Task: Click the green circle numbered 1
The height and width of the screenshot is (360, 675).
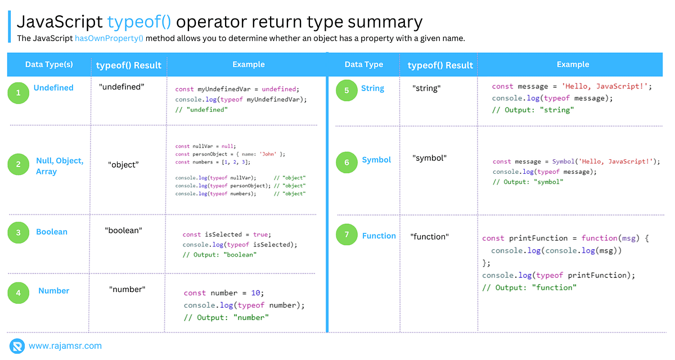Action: click(19, 93)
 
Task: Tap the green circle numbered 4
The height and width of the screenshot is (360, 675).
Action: click(19, 292)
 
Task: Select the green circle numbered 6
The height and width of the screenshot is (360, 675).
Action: click(346, 163)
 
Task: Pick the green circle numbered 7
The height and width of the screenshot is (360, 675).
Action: click(346, 235)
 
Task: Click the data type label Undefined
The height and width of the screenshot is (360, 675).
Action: click(53, 88)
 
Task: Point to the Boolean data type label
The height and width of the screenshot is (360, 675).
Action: click(52, 232)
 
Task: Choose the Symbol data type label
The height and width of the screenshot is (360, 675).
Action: click(376, 160)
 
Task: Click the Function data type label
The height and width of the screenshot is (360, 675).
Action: click(379, 236)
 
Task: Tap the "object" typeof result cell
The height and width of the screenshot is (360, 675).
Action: click(123, 165)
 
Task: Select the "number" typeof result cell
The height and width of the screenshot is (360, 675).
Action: click(127, 289)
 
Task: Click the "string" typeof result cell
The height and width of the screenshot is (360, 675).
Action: click(426, 88)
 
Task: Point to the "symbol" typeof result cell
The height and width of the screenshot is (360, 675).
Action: click(429, 158)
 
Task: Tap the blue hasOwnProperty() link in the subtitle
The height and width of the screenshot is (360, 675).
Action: click(109, 38)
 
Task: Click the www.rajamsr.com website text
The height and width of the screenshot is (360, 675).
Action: click(65, 346)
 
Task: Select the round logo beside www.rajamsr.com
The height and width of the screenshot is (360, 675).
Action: click(17, 346)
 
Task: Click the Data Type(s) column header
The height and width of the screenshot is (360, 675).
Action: click(49, 65)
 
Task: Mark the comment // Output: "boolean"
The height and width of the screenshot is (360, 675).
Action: click(219, 255)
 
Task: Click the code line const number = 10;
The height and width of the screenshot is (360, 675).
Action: click(223, 293)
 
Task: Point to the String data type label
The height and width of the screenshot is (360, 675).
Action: click(372, 88)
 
